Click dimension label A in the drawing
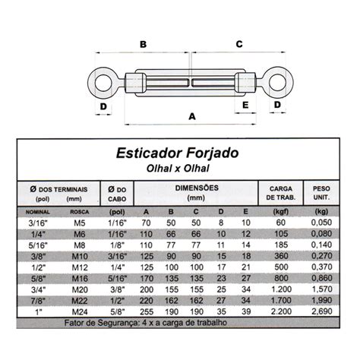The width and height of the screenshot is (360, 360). (191, 116)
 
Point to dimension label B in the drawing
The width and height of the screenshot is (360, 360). (143, 44)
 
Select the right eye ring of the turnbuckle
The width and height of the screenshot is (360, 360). (277, 81)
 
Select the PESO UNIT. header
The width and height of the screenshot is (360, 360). (321, 193)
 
